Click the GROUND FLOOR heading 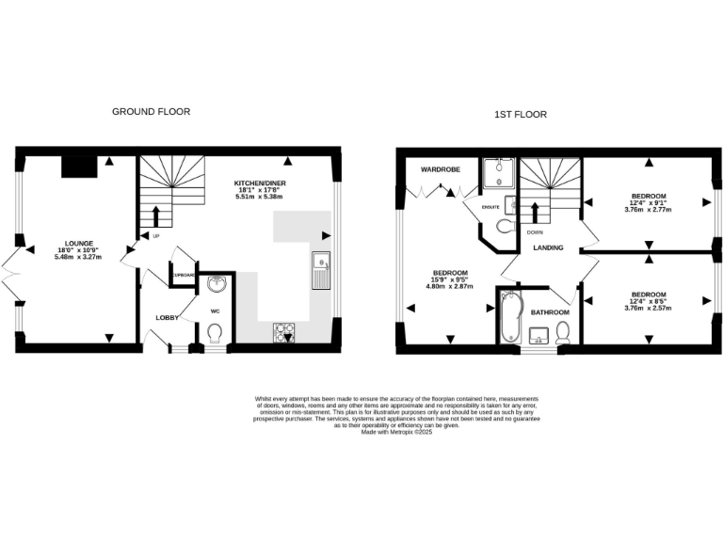tap(151, 111)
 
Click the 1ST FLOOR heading tap(521, 115)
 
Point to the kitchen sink tap(322, 269)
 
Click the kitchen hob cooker tap(282, 332)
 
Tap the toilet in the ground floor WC tap(214, 333)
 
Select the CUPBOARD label tap(183, 275)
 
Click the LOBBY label tap(168, 318)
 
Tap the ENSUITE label tap(490, 205)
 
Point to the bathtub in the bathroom tap(508, 316)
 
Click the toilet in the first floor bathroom tap(563, 331)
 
